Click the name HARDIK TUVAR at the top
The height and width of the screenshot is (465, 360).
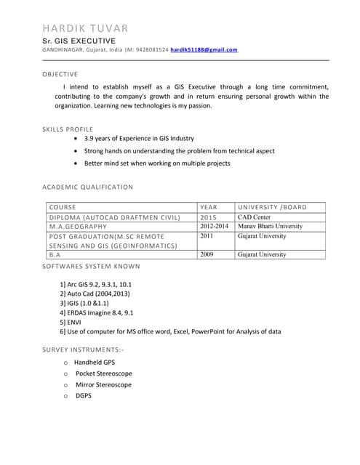[x=85, y=28]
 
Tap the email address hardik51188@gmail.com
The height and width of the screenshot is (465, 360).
[x=204, y=49]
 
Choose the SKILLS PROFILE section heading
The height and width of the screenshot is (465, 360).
[x=68, y=129]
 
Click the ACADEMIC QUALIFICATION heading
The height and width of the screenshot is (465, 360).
[x=87, y=187]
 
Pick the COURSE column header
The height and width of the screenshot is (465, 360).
[x=63, y=207]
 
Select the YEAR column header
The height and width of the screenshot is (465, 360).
[x=209, y=207]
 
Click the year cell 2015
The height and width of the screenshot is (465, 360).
[x=209, y=217]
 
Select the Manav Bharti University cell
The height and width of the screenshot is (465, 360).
[x=270, y=227]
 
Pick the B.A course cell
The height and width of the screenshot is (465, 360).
[x=55, y=255]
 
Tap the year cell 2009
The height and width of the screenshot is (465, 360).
[x=207, y=255]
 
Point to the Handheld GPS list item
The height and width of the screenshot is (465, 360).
[x=95, y=361]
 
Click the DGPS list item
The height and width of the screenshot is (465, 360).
[x=84, y=396]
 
